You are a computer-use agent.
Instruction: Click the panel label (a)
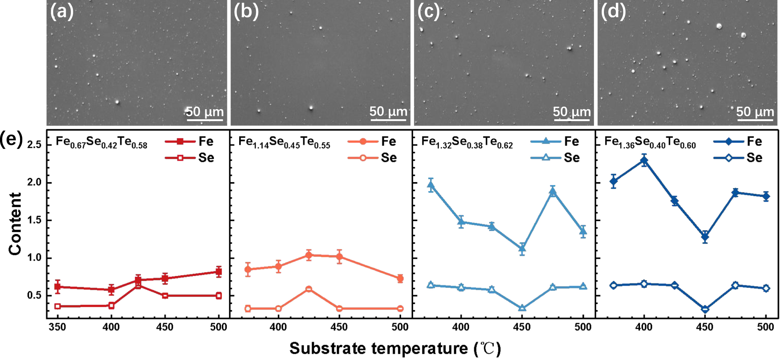tap(62, 12)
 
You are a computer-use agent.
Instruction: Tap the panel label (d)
tap(613, 12)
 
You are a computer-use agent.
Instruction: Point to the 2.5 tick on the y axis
tap(34, 145)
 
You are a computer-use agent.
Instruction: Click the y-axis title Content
tap(15, 224)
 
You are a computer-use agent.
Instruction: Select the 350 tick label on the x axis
tap(57, 327)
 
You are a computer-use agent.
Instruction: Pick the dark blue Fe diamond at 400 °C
tap(644, 160)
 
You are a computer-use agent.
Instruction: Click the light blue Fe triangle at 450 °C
tap(522, 249)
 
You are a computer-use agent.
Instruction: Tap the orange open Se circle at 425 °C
tap(309, 289)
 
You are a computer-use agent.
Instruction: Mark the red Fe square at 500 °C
tap(219, 272)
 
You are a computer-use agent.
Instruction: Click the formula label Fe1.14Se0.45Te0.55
tap(284, 142)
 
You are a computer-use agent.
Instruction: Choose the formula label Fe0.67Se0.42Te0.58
tap(101, 142)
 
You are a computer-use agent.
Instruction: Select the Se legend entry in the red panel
tap(189, 158)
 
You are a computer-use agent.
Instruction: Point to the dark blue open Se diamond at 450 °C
tap(705, 309)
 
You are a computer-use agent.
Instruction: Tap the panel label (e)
tap(11, 139)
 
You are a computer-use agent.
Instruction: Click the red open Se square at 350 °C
tap(58, 306)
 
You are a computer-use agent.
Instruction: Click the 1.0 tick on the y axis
tap(34, 258)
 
